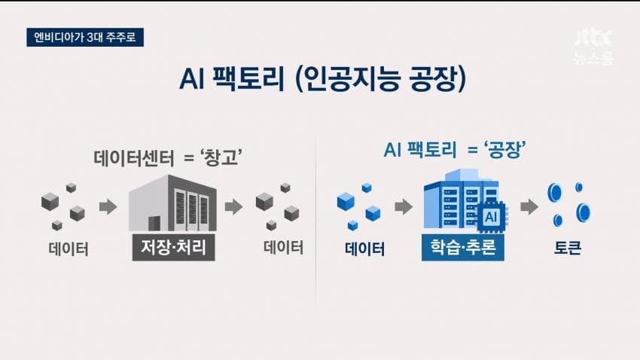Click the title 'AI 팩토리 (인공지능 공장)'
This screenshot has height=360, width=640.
(322, 79)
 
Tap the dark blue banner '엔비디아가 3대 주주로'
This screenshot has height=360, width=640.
(85, 37)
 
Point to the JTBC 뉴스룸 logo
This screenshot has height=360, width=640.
(593, 47)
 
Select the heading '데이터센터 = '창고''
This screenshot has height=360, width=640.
(168, 157)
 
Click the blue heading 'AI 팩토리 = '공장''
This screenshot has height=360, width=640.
(454, 150)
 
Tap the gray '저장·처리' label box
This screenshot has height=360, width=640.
(173, 247)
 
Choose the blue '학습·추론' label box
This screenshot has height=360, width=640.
(463, 247)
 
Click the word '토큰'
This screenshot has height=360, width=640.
(568, 248)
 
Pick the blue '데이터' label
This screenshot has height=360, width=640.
(365, 249)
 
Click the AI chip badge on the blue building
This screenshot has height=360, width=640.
(491, 217)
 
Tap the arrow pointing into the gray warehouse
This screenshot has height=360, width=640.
(108, 206)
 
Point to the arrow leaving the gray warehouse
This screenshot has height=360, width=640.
(234, 206)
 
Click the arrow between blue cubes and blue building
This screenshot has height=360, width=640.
(404, 206)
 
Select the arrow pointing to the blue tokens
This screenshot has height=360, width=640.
(529, 206)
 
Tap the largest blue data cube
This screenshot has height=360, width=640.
(346, 201)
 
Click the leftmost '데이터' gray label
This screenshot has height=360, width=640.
(69, 249)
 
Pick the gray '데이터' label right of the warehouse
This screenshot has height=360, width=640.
(284, 248)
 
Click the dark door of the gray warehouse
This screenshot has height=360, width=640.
(154, 224)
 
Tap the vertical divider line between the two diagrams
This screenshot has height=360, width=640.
(315, 221)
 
